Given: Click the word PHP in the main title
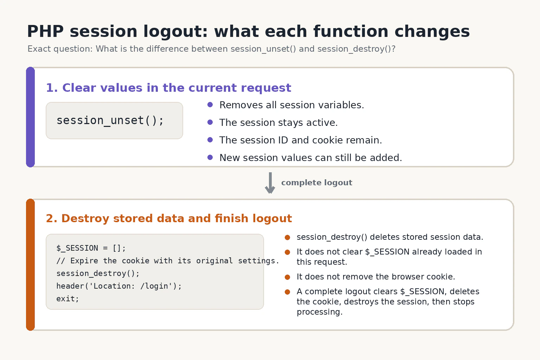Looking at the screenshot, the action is click(x=45, y=31).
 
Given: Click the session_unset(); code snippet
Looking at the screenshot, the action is click(x=110, y=120).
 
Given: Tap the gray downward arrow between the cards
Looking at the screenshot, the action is click(x=270, y=183).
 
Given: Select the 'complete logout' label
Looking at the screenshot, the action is click(x=316, y=183).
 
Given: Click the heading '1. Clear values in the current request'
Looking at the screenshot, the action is click(x=168, y=88).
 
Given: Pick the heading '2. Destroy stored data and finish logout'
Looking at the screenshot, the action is click(x=169, y=218).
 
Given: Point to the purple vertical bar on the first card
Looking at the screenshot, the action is click(x=30, y=117).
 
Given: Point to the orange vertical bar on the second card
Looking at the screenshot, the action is click(x=30, y=264).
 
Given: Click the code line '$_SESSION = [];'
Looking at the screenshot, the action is click(x=91, y=248).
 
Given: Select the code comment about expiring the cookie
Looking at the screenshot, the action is click(x=168, y=261).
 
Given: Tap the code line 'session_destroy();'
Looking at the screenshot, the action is click(x=98, y=274).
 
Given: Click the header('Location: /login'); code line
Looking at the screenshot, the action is click(x=119, y=286).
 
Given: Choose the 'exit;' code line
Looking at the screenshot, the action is click(x=67, y=299).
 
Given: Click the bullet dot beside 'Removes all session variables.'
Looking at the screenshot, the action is click(x=210, y=105).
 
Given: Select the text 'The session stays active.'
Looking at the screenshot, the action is click(x=278, y=122).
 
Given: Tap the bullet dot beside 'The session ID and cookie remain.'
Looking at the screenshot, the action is click(x=210, y=140).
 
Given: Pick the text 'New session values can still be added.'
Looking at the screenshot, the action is click(x=311, y=158).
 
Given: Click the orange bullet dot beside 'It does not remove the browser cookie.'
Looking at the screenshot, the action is click(x=287, y=277).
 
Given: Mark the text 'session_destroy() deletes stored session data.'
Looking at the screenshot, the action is click(x=390, y=237).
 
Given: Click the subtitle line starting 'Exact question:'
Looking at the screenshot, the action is click(x=211, y=49).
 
